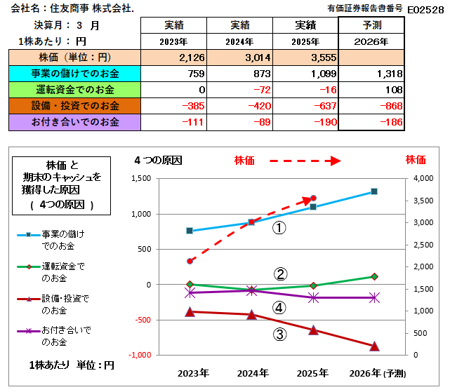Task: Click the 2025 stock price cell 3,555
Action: coord(324,58)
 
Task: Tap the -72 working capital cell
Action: coord(262,90)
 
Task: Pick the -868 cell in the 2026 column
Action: coord(392,106)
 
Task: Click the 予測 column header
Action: coord(372,25)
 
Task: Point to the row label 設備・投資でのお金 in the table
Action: coord(75,106)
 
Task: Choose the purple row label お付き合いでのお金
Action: coord(75,122)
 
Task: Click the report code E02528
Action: coord(425,10)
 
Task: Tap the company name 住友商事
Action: coord(70,8)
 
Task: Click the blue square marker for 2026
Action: coord(374,191)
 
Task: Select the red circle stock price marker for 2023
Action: coord(190,262)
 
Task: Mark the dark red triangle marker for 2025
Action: coord(313,330)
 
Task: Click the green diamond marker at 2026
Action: coord(374,276)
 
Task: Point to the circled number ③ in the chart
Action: coord(279,334)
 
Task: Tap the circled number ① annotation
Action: coord(279,228)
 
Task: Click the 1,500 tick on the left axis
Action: coord(141,178)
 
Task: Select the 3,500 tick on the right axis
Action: coord(423,201)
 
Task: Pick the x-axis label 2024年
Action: coord(253,373)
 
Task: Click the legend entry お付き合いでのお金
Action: coord(66,336)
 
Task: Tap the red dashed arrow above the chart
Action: coord(305,161)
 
